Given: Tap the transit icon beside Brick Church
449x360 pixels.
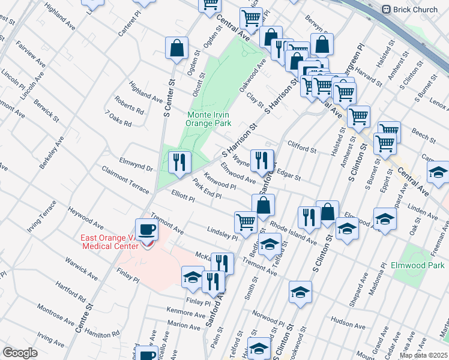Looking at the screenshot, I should coord(386,10).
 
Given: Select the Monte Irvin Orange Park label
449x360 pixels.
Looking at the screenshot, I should coord(209,119).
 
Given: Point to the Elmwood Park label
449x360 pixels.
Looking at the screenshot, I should coord(423,265).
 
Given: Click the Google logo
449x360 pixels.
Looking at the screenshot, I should coord(20,353).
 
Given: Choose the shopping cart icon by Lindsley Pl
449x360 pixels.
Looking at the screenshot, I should coord(246,221).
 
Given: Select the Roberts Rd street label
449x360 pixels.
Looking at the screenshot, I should coord(130,106).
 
